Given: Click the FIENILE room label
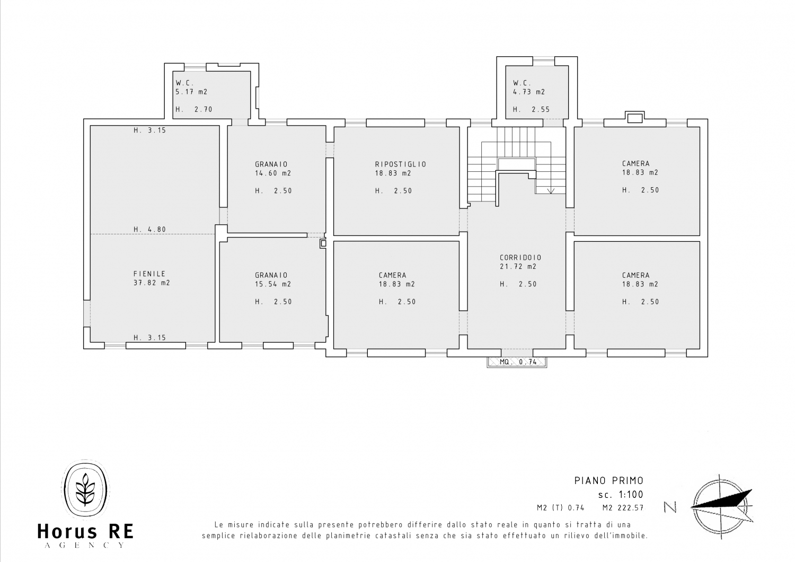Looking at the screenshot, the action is point(149,274).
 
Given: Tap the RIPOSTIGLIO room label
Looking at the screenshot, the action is point(401,164).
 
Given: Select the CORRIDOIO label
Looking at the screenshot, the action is point(520,257).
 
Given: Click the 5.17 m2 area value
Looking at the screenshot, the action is point(191,92).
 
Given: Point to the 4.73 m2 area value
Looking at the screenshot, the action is point(529,92).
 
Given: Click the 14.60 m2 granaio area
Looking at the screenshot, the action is point(273,173).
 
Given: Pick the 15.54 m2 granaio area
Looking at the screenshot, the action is point(273,284).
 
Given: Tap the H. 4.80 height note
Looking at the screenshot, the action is point(150,230).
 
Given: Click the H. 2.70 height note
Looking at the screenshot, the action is point(194,109).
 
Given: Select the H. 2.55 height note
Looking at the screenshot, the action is point(531,109).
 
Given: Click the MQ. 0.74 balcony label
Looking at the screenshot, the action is point(518,362).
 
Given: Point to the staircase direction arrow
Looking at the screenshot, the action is point(551,191).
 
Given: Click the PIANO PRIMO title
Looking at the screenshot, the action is point(609,481).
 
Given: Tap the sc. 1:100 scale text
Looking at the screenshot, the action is point(621,495).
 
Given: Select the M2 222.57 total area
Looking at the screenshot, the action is point(623,508).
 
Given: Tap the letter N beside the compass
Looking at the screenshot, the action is point(670,507).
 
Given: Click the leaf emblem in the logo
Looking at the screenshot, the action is point(85,489).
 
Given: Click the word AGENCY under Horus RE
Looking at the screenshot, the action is point(85,546).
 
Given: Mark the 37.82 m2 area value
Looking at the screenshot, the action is point(152,283).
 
